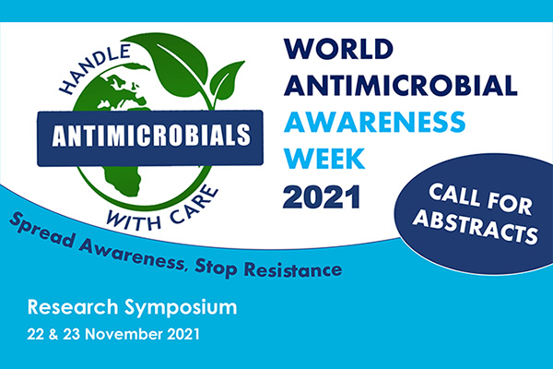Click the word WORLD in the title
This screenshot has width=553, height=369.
[338, 49]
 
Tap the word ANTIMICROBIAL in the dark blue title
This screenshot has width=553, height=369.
[401, 85]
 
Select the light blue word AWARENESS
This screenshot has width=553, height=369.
[374, 122]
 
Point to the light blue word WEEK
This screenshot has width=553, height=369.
[324, 159]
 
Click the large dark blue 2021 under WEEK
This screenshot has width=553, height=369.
[322, 197]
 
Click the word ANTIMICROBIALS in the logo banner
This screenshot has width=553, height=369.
[151, 136]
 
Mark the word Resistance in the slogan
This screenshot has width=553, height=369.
[293, 270]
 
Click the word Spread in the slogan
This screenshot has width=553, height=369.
[42, 231]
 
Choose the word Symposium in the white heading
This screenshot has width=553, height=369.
[181, 307]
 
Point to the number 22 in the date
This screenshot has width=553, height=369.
[35, 334]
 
